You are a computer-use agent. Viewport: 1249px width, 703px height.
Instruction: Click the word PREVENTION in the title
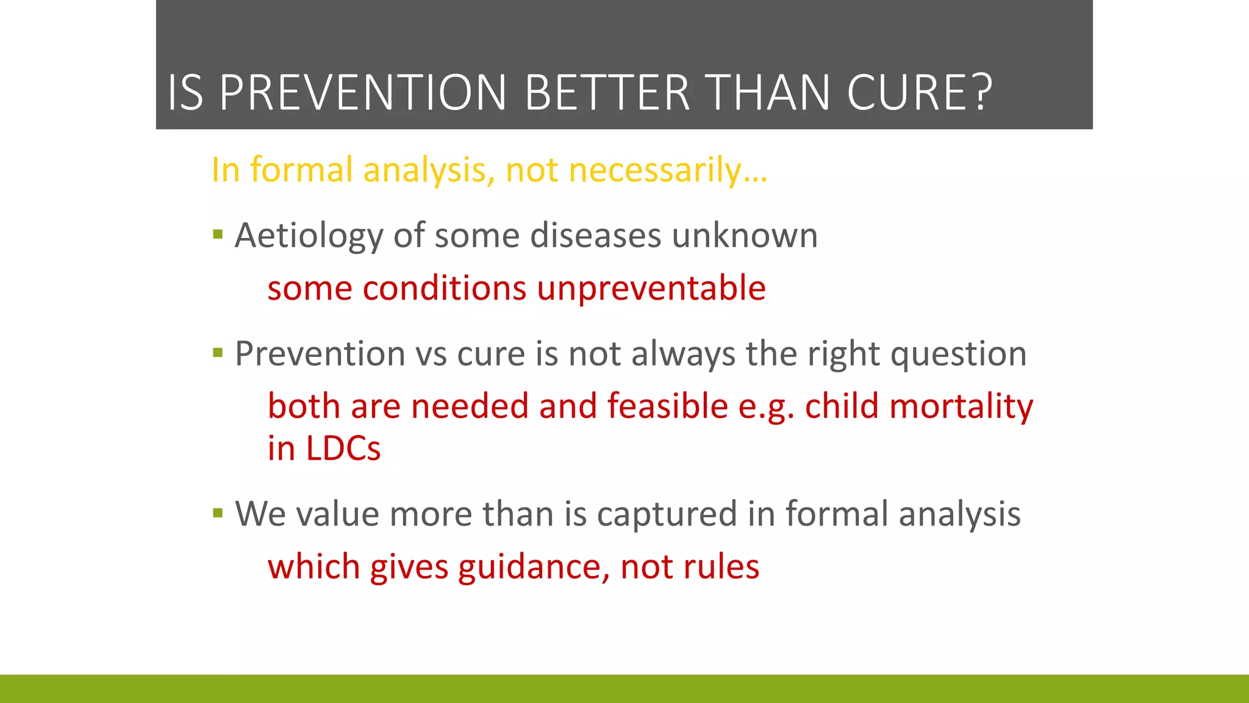(363, 93)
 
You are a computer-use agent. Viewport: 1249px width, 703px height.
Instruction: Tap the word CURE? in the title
(920, 93)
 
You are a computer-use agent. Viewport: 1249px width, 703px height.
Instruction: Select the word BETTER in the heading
(607, 93)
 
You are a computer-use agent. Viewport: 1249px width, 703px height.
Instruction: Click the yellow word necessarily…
(668, 170)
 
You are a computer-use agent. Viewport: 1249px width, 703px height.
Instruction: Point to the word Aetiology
(309, 236)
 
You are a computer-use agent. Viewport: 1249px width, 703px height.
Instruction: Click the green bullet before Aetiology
(218, 234)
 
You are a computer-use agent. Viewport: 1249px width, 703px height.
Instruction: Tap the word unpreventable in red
(651, 288)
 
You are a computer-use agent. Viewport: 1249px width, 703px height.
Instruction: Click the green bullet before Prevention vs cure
(218, 353)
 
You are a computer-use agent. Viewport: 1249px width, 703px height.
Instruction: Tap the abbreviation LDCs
(343, 449)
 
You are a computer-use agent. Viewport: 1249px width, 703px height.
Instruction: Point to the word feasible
(667, 406)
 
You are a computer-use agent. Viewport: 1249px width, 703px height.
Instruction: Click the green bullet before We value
(218, 513)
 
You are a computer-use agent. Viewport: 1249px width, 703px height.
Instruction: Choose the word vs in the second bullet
(431, 355)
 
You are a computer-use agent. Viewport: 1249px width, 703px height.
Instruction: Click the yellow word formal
(301, 170)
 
